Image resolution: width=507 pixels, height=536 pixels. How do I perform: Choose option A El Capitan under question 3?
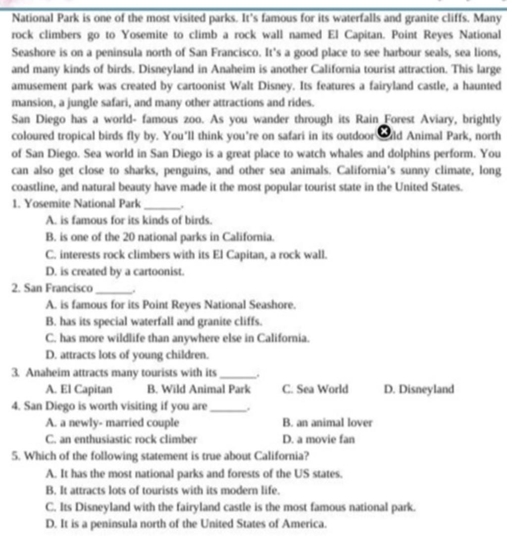(x=79, y=389)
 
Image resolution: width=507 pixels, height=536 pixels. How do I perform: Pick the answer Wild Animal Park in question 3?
(x=199, y=389)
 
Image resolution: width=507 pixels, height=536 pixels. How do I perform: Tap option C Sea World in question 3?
(x=315, y=389)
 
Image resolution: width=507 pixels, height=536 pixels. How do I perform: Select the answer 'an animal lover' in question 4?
(x=327, y=423)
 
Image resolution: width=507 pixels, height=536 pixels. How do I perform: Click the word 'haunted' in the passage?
(x=480, y=86)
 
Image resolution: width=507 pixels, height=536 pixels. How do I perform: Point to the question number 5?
(x=14, y=455)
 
